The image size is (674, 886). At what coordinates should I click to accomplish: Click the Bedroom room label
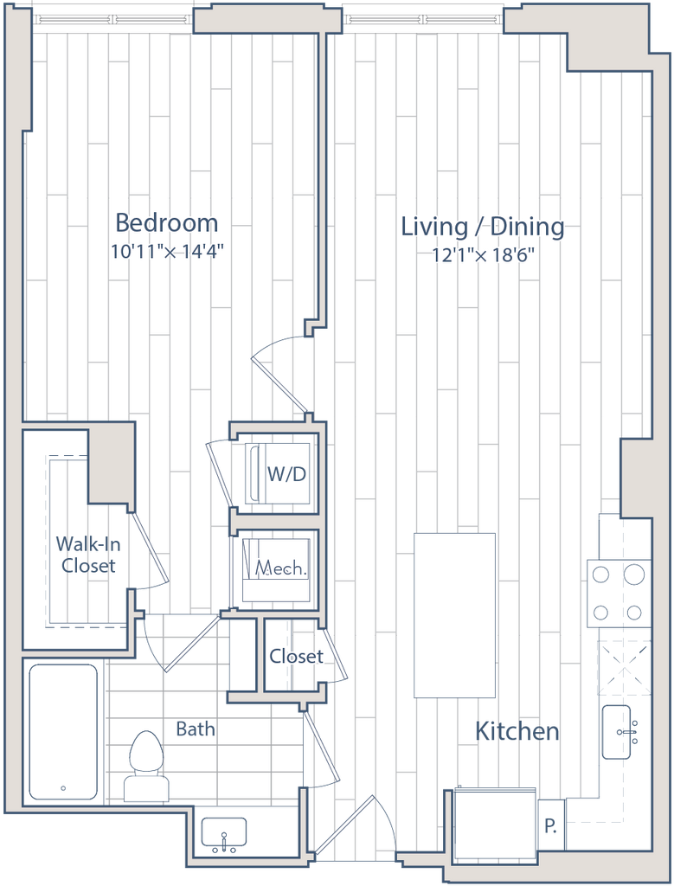point(166,223)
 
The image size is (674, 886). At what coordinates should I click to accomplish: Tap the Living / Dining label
point(483,228)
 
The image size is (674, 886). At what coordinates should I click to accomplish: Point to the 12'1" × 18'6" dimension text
point(485,254)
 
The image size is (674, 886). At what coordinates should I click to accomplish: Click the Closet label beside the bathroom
point(296,656)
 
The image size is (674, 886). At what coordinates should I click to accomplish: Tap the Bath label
point(195,729)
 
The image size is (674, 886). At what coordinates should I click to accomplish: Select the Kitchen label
point(517,732)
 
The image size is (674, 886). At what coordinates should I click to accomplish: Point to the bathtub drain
point(62,788)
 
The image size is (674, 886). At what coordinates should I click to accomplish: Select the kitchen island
point(455,614)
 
